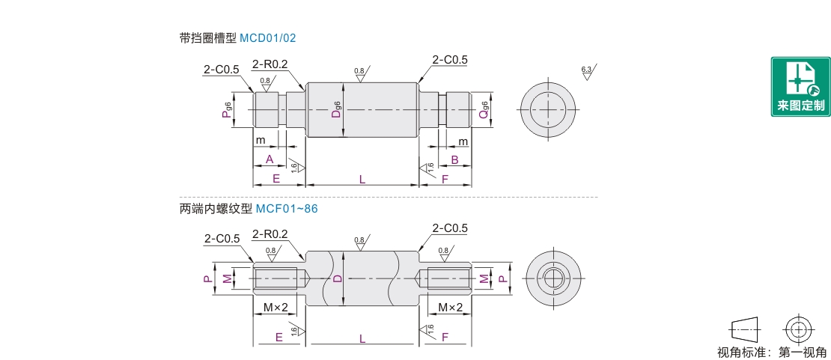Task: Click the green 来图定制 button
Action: [800, 86]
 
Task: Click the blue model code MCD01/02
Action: [267, 38]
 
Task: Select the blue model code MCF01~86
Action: [287, 209]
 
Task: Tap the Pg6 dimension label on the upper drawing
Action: [227, 110]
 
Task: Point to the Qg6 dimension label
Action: [484, 110]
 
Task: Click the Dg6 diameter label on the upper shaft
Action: [337, 109]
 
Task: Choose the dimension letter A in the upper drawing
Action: [270, 159]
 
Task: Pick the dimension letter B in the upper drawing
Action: [454, 159]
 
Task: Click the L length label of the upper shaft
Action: [362, 179]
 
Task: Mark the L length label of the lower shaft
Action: [362, 338]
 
